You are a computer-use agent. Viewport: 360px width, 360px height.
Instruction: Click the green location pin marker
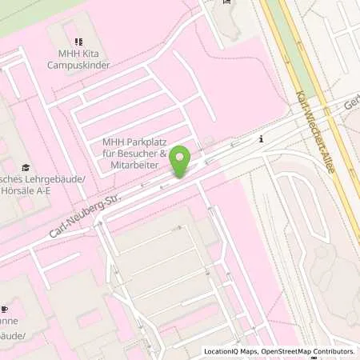click(181, 161)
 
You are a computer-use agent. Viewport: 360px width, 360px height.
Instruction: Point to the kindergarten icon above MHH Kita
click(78, 42)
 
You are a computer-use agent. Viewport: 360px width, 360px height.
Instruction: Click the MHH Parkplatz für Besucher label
click(134, 148)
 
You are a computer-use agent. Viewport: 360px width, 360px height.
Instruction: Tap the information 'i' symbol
click(261, 138)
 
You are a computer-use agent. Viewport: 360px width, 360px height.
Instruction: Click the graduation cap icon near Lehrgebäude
click(26, 167)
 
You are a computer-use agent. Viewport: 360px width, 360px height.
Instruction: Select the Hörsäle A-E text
click(25, 191)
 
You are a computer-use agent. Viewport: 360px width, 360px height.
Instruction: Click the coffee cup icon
click(4, 309)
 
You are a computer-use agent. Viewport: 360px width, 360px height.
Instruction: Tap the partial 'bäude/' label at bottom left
click(14, 334)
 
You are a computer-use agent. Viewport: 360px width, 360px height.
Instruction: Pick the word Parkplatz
click(140, 142)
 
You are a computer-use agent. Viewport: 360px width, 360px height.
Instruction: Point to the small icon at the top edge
click(226, 2)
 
